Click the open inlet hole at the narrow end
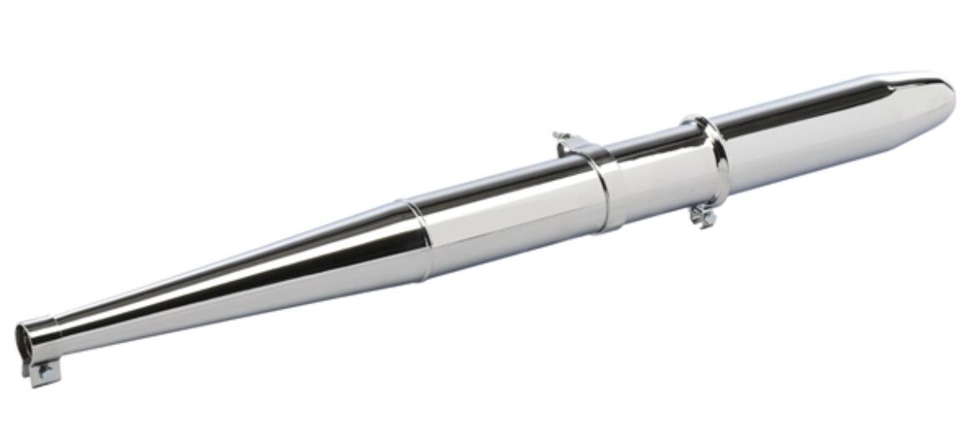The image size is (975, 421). pyautogui.click(x=25, y=339)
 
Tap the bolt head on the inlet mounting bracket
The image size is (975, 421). pyautogui.click(x=43, y=372)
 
